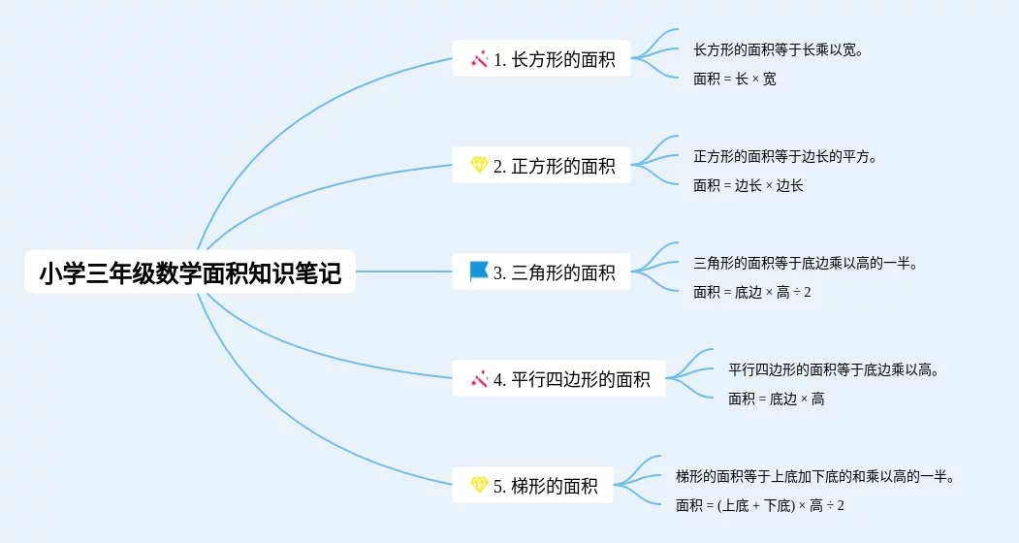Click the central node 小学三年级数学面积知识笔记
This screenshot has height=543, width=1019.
[190, 273]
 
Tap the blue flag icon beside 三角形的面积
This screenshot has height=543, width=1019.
[479, 271]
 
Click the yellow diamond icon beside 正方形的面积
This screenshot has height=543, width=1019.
[479, 166]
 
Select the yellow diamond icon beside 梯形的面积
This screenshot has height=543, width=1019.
[479, 485]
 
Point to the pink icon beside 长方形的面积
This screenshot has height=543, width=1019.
[479, 59]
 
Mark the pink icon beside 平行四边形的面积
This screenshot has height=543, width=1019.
[479, 379]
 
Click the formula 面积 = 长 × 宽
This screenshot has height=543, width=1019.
[734, 79]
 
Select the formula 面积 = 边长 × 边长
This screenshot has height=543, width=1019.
[748, 185]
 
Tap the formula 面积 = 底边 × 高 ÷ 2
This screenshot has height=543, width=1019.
[751, 292]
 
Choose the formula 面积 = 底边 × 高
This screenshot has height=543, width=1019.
[776, 399]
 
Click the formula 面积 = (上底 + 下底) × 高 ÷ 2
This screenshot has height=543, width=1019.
[759, 505]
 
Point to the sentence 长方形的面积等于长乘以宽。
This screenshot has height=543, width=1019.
[778, 49]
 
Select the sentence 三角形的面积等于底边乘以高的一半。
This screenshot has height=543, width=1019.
[805, 263]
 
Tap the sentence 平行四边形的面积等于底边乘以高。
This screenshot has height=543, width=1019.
[833, 369]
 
